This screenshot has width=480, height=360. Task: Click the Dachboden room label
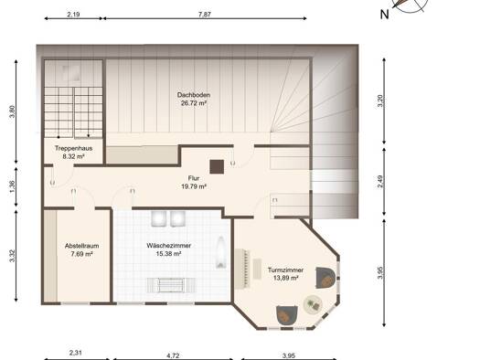point(194,95)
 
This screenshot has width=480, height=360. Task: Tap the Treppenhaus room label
point(73,148)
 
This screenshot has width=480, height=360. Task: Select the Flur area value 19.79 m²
point(194,186)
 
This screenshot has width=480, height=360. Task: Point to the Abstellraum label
point(81,246)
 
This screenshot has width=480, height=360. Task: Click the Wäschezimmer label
point(168,246)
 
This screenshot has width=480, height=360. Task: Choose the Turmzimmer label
point(285,270)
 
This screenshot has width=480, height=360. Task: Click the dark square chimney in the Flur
point(217,166)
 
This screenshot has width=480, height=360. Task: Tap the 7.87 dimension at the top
point(205,14)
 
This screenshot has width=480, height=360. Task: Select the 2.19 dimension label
point(73,14)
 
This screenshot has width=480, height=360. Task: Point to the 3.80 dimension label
point(12,111)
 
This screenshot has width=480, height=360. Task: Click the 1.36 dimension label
point(12,186)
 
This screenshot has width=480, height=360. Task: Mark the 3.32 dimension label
point(12,256)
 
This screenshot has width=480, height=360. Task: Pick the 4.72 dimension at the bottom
point(173,355)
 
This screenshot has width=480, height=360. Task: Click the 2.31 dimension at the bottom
point(75,353)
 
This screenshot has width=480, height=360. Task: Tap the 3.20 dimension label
point(380,101)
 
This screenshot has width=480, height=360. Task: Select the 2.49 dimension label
point(380,182)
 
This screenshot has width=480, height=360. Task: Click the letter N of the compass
point(385,14)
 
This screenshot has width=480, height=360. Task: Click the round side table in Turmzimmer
point(313,304)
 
